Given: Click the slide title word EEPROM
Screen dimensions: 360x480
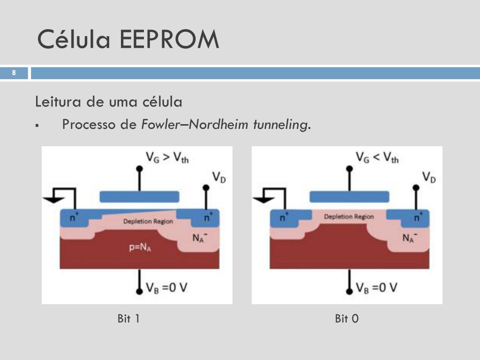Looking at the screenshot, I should [169, 39].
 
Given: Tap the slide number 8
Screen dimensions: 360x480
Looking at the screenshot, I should [14, 73].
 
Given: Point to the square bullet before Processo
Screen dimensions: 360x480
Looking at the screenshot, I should [37, 126].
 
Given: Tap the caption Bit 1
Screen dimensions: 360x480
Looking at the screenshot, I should [128, 319].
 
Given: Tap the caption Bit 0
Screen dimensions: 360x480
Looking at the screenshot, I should [347, 319].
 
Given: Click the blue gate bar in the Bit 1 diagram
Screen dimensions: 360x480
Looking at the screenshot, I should [139, 196].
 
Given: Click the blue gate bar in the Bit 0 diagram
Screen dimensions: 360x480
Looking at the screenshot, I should [349, 196].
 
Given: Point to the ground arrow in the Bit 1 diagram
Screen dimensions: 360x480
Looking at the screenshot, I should [53, 199].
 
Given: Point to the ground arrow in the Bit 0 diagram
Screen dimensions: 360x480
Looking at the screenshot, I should [263, 199].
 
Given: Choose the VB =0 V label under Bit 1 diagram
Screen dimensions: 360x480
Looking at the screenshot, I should [166, 287].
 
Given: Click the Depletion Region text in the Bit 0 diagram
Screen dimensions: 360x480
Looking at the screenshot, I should [349, 217].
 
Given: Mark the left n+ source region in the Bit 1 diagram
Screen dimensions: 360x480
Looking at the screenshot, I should [74, 217].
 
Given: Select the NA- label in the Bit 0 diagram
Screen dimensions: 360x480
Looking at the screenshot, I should [409, 237].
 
